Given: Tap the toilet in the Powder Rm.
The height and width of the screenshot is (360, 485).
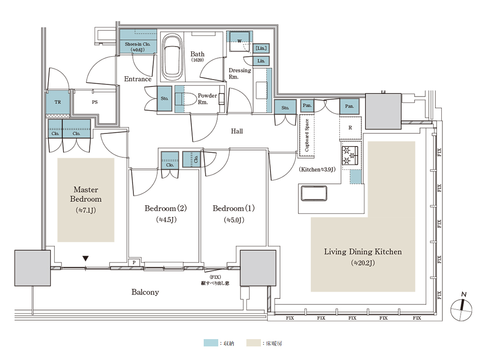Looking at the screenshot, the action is coord(185,99).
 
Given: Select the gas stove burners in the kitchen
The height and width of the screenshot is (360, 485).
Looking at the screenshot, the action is coord(350,156).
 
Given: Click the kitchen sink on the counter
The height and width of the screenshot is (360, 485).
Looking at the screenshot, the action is coord(314,193).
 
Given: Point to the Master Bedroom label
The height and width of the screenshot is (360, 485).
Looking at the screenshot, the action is coord(86,194).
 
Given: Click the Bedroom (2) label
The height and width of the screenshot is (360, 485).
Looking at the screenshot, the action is coord(165,208).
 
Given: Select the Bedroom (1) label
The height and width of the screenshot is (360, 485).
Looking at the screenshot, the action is coord(234,208).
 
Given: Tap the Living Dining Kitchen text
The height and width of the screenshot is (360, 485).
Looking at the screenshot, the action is coord(363,252).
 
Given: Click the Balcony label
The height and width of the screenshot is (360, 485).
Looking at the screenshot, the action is coord(145,292).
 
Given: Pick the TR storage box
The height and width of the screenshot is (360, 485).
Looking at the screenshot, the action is coord(58,102).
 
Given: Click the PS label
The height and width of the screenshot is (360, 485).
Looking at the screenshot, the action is coord(95,102).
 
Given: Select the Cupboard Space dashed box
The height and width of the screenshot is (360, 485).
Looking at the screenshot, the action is coord(307,136).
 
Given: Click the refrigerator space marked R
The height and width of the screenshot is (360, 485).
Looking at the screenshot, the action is coord(350,128).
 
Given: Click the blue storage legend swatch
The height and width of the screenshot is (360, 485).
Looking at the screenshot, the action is coord(210,343).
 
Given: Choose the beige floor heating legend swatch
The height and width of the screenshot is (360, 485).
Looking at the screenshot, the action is coord(253,343).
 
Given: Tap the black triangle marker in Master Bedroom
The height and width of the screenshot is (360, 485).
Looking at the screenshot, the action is coord(86,259).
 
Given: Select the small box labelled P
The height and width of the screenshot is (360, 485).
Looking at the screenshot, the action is coord(134,262).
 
